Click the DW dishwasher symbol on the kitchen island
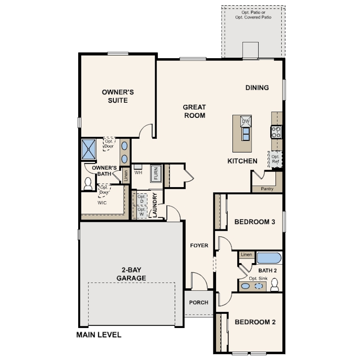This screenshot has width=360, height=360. click(x=246, y=121)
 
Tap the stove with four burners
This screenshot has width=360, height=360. click(x=276, y=132)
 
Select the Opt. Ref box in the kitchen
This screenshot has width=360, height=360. click(x=275, y=159)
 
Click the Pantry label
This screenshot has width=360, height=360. click(x=267, y=189)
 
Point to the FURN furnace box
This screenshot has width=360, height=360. click(x=156, y=174)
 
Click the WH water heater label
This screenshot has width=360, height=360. click(x=138, y=172)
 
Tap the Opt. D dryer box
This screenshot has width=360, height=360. click(x=142, y=199)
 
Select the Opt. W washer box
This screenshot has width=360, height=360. click(x=142, y=212)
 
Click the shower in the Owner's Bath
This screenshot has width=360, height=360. click(x=88, y=149)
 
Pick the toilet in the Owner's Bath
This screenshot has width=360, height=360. click(x=88, y=184)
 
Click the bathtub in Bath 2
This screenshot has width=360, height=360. click(x=269, y=258)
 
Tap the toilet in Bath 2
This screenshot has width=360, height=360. click(x=275, y=285)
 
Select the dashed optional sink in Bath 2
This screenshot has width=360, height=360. click(x=259, y=286)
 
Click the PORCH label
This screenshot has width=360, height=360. click(x=199, y=302)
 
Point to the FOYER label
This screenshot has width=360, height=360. click(x=199, y=245)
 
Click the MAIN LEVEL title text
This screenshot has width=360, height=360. click(x=99, y=335)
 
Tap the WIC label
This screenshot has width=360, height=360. click(x=102, y=203)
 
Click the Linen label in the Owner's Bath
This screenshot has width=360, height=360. click(x=126, y=176)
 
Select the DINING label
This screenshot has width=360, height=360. click(x=257, y=88)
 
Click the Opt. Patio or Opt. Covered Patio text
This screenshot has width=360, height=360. click(x=253, y=15)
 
